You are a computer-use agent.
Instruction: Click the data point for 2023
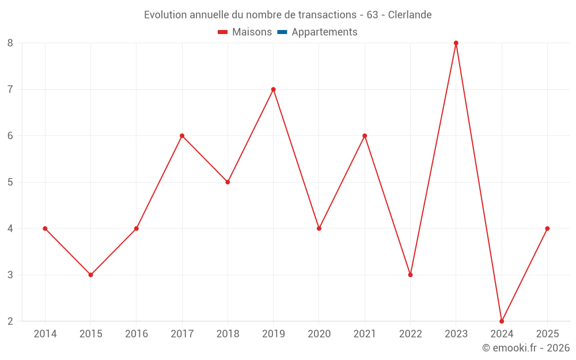point(456,43)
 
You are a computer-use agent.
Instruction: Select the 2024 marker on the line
point(502,321)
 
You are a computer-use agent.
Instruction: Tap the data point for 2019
point(273,89)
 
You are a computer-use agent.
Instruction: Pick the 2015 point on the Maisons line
point(90,275)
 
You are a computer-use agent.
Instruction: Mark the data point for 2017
point(182,136)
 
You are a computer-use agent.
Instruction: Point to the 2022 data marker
point(410,275)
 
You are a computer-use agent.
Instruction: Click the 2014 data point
point(45,229)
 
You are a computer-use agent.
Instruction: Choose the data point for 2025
point(547,229)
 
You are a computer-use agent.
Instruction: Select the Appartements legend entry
point(324,32)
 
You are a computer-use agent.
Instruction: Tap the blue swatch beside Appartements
point(282,32)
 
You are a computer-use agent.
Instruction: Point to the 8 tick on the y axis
point(10,43)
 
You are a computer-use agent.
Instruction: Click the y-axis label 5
point(10,182)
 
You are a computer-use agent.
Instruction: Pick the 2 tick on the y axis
point(10,321)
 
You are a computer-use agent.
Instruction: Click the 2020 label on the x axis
point(319,334)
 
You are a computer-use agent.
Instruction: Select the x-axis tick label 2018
point(228,334)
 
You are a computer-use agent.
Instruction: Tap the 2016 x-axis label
point(137,334)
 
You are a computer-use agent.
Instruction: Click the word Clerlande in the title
point(410,15)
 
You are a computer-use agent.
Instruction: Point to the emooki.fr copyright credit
point(526,348)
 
